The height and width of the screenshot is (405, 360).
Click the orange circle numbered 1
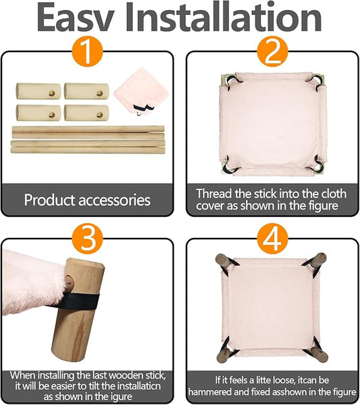pyautogui.click(x=87, y=53)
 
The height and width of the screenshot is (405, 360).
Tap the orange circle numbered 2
pyautogui.click(x=272, y=53)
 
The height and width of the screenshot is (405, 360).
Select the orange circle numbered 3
pyautogui.click(x=87, y=240)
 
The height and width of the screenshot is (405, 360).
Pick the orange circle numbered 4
pyautogui.click(x=272, y=240)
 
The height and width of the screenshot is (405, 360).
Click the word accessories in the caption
pyautogui.click(x=114, y=200)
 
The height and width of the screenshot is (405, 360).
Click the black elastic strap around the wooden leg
pyautogui.click(x=75, y=302)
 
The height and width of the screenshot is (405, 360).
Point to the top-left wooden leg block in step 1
pyautogui.click(x=38, y=91)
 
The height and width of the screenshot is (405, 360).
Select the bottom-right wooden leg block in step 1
pyautogui.click(x=86, y=113)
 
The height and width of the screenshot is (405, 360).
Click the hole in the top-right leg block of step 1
pyautogui.click(x=99, y=93)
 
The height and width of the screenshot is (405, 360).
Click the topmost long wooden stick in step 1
pyautogui.click(x=88, y=128)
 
